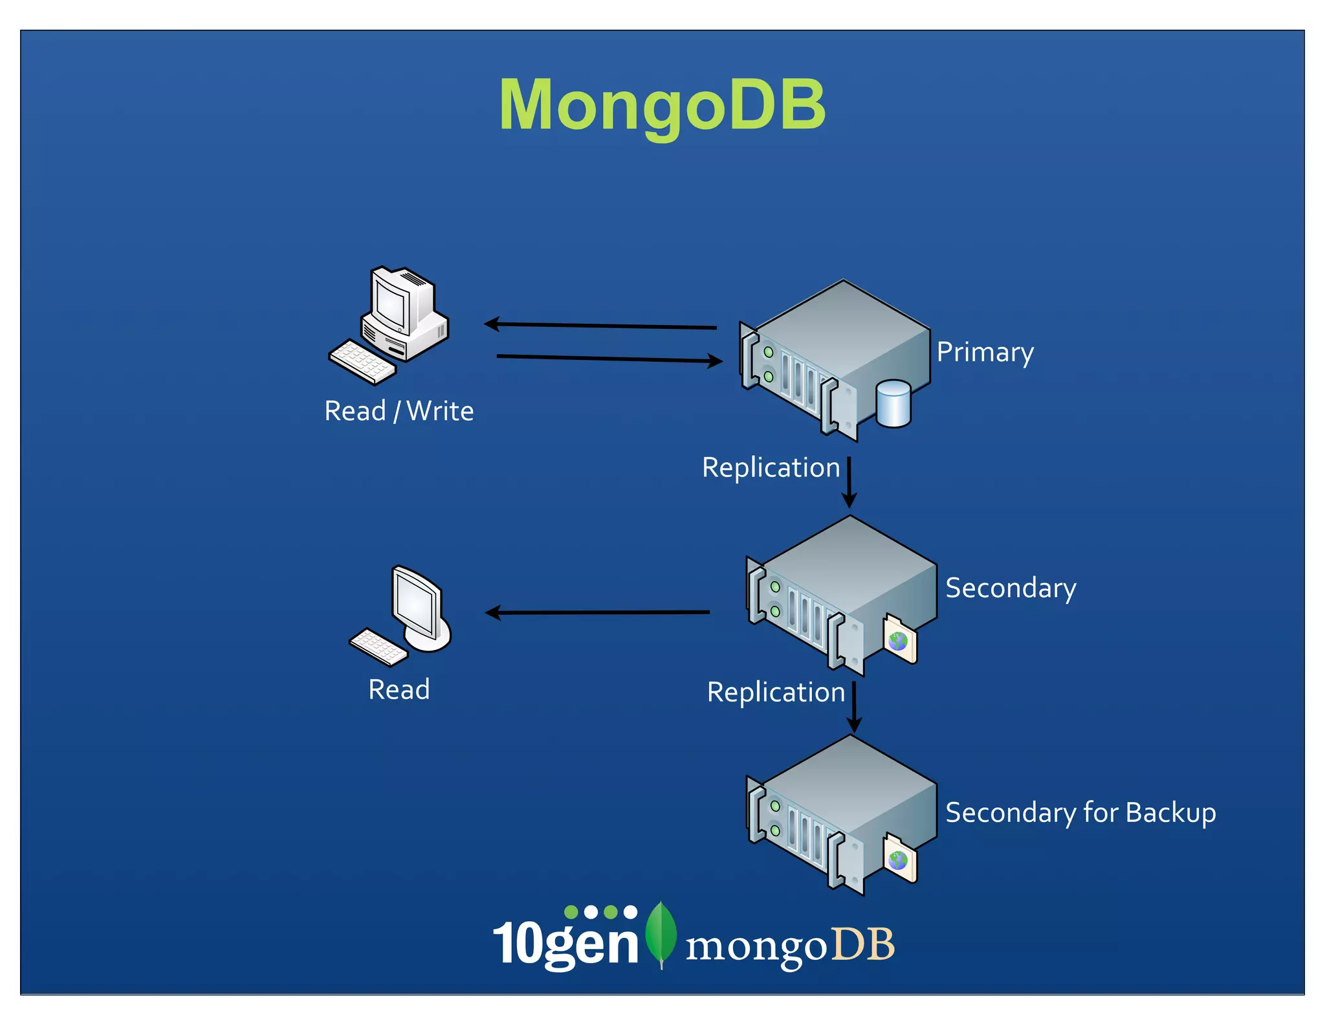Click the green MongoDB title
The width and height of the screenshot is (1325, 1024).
point(662,105)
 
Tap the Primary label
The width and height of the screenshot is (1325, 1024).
point(985,353)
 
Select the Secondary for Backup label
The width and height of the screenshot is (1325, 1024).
point(1080,813)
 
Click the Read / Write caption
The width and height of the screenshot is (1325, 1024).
point(399,411)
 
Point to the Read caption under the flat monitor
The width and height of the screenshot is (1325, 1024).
point(399,689)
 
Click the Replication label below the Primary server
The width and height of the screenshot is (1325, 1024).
point(771,467)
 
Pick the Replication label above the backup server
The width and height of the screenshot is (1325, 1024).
point(776,692)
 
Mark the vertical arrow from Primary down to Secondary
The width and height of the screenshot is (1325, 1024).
point(849,482)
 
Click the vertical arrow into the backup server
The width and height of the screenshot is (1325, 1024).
point(854,706)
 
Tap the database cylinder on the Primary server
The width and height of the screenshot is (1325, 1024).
point(893,404)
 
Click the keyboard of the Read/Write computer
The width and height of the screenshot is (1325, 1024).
point(362,362)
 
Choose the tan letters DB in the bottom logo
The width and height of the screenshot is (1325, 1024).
point(862,944)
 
